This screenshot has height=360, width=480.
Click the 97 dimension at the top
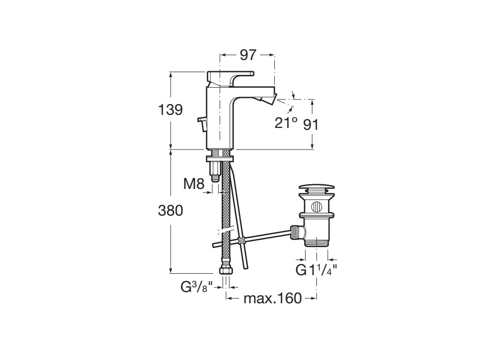[247, 55]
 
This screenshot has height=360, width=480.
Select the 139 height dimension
[170, 110]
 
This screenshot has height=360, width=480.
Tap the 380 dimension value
[171, 210]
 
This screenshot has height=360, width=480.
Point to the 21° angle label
[286, 123]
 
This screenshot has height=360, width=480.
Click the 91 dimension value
[311, 125]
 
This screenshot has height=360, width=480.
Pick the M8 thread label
[194, 184]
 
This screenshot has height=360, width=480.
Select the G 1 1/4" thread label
[316, 270]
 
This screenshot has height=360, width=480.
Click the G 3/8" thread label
[196, 287]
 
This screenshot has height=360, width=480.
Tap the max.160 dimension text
[273, 298]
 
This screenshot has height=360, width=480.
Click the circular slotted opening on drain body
[316, 207]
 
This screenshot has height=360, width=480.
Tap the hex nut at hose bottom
[226, 270]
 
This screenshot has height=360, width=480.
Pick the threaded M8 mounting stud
[215, 172]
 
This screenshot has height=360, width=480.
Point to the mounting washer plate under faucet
[220, 158]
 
